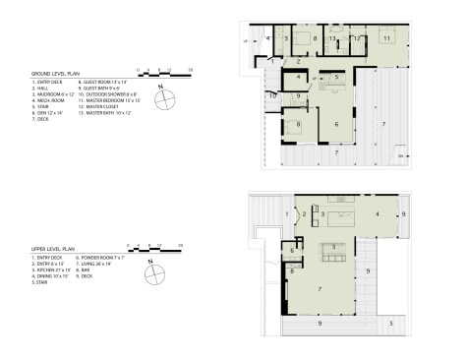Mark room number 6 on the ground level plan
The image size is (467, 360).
[336, 124]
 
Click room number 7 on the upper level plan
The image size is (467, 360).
[320, 288]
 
